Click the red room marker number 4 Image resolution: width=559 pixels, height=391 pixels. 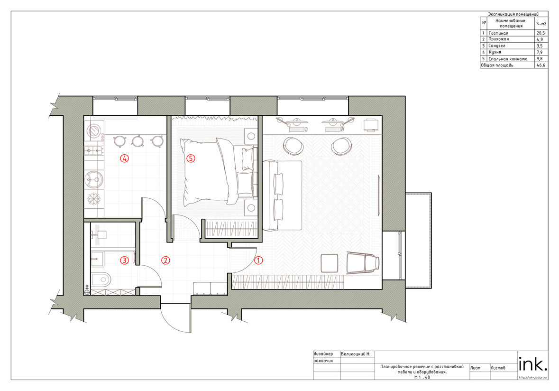[x=124, y=158]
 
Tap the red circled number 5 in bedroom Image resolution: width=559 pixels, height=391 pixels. [x=191, y=158]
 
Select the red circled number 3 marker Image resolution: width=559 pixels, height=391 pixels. [x=124, y=260]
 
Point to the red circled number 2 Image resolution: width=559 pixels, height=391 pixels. [x=165, y=260]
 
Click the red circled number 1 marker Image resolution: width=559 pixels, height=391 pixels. [x=258, y=260]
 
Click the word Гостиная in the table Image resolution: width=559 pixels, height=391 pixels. [x=498, y=33]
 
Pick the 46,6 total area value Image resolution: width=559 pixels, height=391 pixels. [x=541, y=65]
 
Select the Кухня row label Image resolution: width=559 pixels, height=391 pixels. [x=495, y=52]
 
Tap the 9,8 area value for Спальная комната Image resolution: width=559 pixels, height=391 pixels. [x=540, y=59]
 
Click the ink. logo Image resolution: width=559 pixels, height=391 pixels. [x=532, y=364]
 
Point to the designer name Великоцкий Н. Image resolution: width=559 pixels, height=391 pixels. [x=356, y=354]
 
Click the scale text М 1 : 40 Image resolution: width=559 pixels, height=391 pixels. [x=422, y=377]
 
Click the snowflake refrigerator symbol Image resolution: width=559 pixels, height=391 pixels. [x=94, y=199]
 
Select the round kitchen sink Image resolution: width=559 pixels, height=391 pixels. [x=94, y=179]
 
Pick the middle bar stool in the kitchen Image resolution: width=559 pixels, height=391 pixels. [x=137, y=141]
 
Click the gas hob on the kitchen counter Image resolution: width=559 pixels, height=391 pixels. [x=94, y=151]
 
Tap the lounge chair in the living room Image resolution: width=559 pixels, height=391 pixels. [x=363, y=262]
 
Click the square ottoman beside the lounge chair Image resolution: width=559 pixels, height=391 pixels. [x=330, y=263]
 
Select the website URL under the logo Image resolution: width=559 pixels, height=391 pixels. [x=532, y=377]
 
